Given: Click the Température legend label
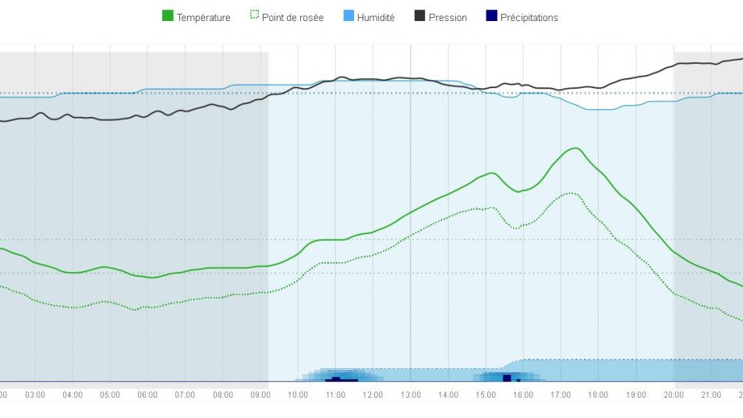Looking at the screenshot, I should tap(203, 17).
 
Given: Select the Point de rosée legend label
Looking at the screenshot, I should tap(292, 17).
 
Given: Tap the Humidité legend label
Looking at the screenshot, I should tap(376, 17).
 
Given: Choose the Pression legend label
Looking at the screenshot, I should tap(448, 17).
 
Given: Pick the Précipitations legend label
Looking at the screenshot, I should tap(529, 17).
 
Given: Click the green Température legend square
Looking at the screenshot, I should tap(168, 16).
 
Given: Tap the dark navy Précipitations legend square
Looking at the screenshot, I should tap(491, 16).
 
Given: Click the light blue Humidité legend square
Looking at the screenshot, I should tap(349, 16).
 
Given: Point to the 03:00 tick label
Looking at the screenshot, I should tap(35, 395).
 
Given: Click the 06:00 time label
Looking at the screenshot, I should tap(147, 395).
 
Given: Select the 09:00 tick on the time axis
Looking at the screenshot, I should tap(260, 395).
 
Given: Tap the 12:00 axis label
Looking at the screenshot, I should tap(373, 395).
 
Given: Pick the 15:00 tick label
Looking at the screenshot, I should tap(486, 395).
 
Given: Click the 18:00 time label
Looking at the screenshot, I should tap(598, 395).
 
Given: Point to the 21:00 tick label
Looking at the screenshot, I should tap(711, 395).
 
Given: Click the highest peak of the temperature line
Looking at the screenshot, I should tap(575, 148).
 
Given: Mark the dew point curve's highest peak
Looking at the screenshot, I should tap(571, 193).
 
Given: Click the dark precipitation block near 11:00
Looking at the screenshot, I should tap(336, 379).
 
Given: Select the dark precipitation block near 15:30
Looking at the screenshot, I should tap(507, 377).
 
